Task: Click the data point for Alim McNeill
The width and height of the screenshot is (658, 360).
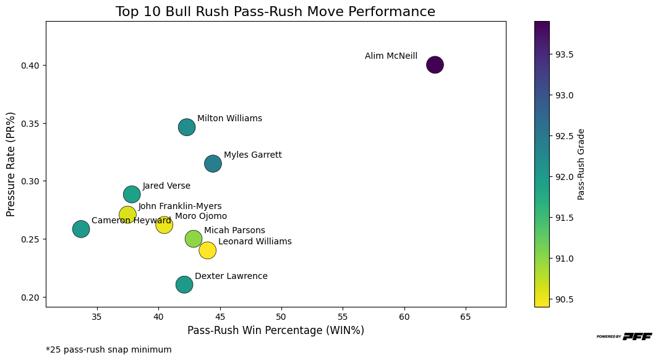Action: coord(435,64)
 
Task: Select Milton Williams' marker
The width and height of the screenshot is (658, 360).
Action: coord(187,127)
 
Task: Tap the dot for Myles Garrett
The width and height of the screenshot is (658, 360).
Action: coord(213,163)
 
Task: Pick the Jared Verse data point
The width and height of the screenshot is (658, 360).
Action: coord(132,194)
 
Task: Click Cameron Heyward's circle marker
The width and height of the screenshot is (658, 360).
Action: coord(81,229)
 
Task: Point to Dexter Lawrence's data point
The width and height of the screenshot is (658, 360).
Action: coord(184,285)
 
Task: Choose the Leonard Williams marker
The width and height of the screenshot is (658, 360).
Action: coord(207,251)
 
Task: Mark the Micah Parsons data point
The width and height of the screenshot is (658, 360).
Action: coord(194,239)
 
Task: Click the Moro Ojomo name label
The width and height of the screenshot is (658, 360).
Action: coord(200,216)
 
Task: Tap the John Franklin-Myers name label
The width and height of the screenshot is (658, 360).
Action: coord(179,207)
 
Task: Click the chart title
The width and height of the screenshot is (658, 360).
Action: coord(275,12)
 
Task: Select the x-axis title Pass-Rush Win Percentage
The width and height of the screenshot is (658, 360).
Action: coord(275,330)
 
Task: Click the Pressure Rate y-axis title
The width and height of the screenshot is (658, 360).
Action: coord(11,164)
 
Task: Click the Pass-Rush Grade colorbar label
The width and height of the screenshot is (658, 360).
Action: coord(581,164)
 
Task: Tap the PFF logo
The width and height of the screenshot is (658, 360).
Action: coord(624,336)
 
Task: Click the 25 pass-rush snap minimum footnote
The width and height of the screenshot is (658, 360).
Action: coord(109,349)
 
